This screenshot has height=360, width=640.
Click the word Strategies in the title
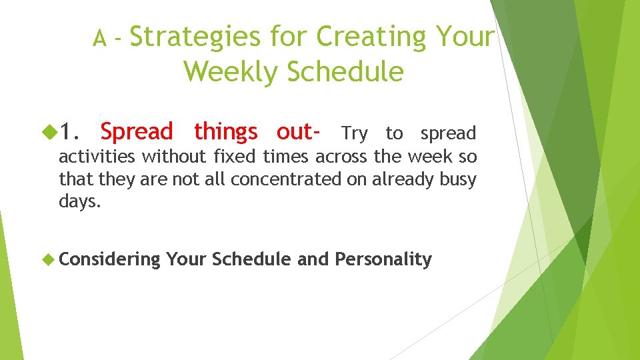[195, 38]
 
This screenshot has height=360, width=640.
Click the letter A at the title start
[100, 41]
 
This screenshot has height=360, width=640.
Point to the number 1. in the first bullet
[73, 132]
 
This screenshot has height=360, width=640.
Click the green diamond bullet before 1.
[51, 133]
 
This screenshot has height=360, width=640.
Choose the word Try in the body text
[354, 134]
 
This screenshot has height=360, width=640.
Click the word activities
[97, 157]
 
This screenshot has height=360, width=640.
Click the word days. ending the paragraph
[80, 201]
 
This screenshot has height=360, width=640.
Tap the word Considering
[110, 259]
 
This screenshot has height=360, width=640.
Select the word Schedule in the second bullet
[251, 259]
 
